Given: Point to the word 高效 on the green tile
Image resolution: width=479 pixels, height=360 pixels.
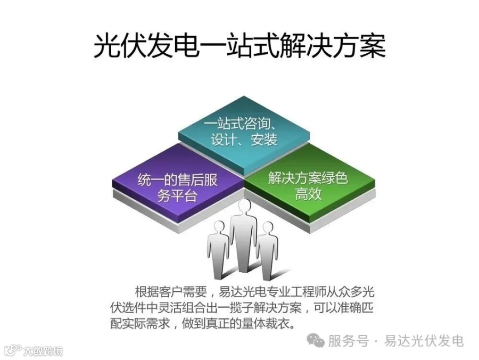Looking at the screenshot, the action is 308,193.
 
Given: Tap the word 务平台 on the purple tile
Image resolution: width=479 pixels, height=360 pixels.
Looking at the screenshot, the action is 178,195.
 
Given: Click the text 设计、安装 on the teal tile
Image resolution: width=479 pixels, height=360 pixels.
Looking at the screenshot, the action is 244,141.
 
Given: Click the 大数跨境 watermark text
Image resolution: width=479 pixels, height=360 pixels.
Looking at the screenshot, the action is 43,351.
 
